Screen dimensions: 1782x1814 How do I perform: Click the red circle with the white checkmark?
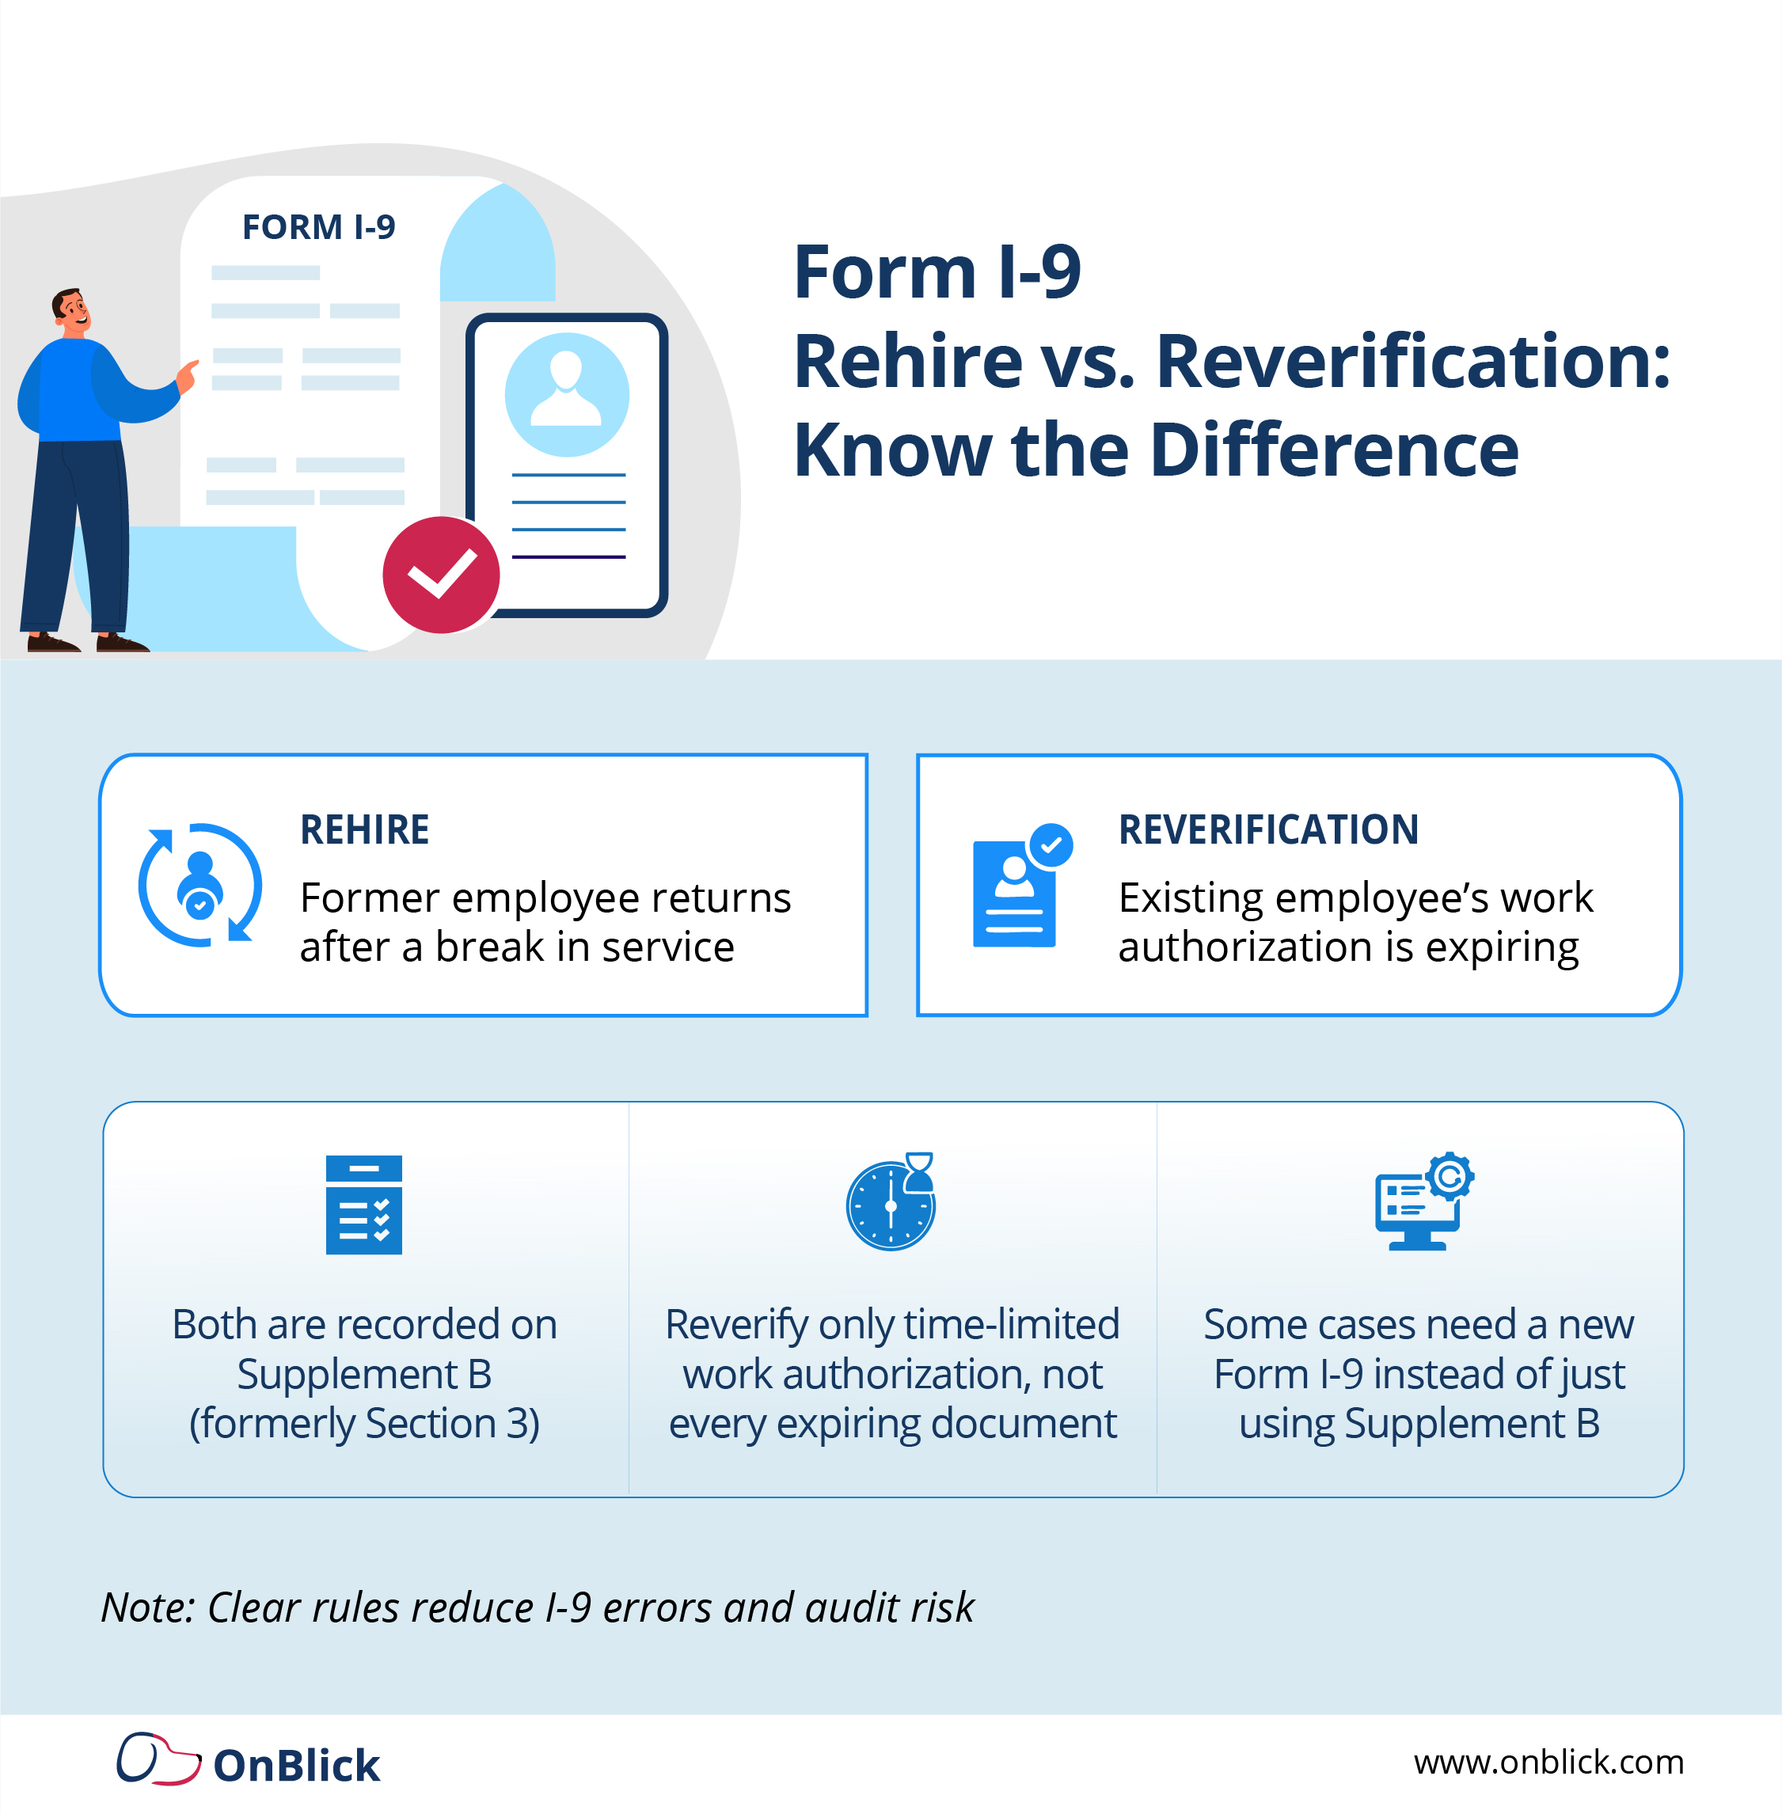point(441,575)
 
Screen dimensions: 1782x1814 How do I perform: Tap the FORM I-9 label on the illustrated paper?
point(318,227)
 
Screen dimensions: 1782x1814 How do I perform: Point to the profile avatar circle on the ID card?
point(566,394)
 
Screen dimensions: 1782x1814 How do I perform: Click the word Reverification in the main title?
point(1412,361)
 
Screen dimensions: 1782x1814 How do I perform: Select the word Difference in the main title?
point(1334,450)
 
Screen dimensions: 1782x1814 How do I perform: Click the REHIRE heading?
point(364,829)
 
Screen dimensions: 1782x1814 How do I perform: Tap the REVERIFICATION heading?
point(1268,829)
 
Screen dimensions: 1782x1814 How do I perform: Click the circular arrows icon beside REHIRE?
point(200,885)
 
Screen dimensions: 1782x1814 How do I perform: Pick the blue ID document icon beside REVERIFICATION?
point(1016,890)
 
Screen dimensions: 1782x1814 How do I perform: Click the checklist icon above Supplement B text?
point(364,1204)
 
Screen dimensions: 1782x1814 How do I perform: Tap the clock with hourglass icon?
point(891,1202)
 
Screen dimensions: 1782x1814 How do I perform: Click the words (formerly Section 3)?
point(364,1424)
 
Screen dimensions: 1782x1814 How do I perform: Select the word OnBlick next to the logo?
point(297,1766)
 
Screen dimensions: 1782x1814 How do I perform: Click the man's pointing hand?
point(188,375)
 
